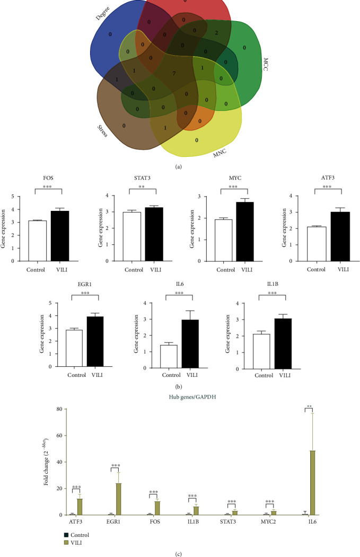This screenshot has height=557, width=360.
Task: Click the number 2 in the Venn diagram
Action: [x=216, y=33]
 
